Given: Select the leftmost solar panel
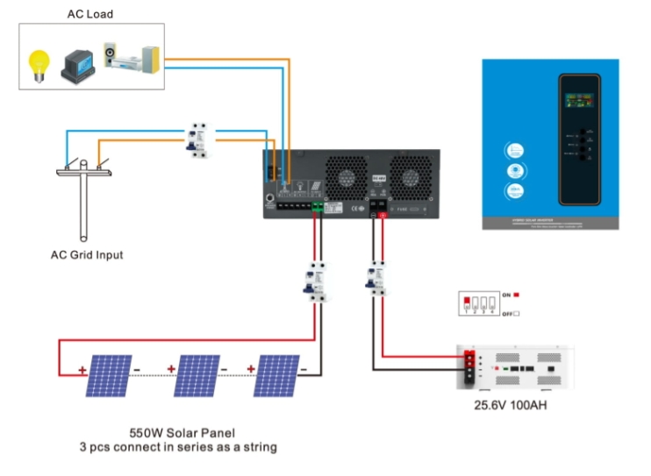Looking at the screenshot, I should (109, 375).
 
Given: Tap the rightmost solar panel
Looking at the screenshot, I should (275, 375).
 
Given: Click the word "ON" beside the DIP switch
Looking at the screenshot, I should (506, 295).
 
